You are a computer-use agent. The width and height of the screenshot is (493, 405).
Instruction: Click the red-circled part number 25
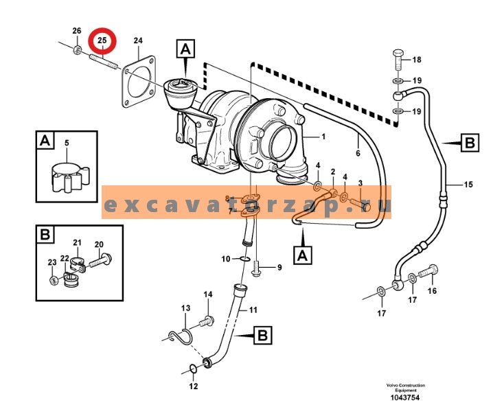point(102,41)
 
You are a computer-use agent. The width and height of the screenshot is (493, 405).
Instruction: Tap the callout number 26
point(77,31)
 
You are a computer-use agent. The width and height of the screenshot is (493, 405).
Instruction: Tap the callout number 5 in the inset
point(67,143)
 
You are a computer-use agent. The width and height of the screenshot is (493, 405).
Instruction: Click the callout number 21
point(78,243)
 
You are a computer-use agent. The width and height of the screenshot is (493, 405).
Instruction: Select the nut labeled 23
point(53,280)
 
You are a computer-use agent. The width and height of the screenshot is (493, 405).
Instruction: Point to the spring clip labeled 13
point(181,337)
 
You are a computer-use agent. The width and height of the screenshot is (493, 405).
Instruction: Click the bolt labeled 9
point(257,272)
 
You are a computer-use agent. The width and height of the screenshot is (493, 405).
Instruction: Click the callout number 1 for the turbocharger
point(323,137)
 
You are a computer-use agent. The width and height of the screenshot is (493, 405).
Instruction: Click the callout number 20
point(98,244)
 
